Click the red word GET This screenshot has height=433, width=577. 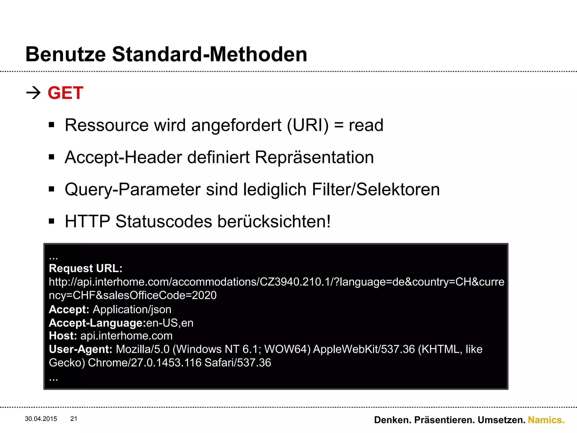point(65,93)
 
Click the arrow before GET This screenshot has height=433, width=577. point(34,93)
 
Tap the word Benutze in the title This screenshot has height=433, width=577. point(66,54)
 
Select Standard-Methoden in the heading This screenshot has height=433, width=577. point(210,54)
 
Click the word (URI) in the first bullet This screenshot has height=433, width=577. point(308,125)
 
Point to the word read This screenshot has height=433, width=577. point(366,125)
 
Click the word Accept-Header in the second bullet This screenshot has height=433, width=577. point(123,157)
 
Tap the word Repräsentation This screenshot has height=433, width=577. point(314,157)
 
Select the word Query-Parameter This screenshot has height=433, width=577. point(133,189)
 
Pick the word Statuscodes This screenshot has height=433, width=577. point(164,222)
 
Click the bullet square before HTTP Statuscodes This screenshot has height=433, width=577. point(52,221)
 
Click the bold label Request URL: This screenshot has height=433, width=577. point(86,268)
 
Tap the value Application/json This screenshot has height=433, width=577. point(132,310)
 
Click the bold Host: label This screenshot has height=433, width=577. point(63,336)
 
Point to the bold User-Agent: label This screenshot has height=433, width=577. point(81,349)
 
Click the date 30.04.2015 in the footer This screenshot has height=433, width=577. point(41,419)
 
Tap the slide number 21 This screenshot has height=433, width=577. point(74,419)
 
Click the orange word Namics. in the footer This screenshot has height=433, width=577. point(546,420)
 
